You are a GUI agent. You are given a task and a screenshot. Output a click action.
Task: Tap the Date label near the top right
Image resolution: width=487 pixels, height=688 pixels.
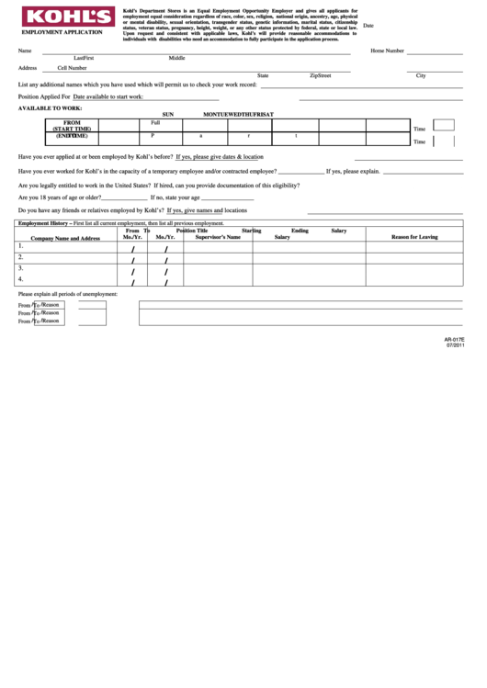pos(368,26)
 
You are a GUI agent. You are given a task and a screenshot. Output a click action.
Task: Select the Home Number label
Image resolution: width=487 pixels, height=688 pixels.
pos(387,51)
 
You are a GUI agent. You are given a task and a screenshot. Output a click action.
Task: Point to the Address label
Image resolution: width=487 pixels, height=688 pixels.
pos(28,68)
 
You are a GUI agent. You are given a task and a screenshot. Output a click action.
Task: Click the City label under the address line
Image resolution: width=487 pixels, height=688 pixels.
pos(421,75)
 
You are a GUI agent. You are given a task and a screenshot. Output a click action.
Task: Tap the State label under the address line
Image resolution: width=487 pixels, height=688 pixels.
pos(263,75)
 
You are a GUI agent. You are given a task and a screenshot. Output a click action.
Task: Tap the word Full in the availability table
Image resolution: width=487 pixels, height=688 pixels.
pos(155,122)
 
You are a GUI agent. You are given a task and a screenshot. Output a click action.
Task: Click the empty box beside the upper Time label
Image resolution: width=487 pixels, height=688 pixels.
pos(444,125)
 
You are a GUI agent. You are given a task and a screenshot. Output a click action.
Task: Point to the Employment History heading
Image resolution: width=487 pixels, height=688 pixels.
pos(45,223)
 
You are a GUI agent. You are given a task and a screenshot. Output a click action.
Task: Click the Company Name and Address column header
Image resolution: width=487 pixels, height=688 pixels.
pos(65,237)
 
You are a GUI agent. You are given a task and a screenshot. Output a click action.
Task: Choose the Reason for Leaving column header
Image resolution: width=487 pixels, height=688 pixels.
pos(414,237)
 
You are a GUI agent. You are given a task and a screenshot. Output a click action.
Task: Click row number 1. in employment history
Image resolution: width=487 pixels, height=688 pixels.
pos(21,246)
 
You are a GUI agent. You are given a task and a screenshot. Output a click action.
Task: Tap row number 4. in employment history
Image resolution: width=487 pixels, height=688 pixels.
pos(21,278)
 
